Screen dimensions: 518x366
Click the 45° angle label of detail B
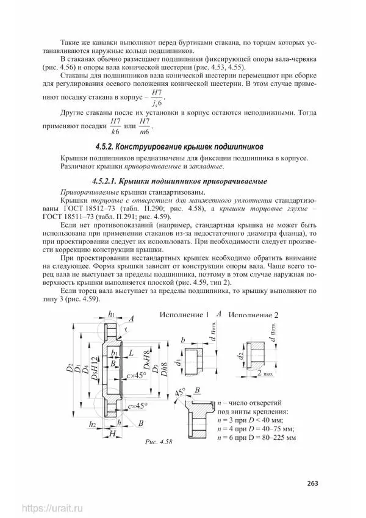click(181, 394)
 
